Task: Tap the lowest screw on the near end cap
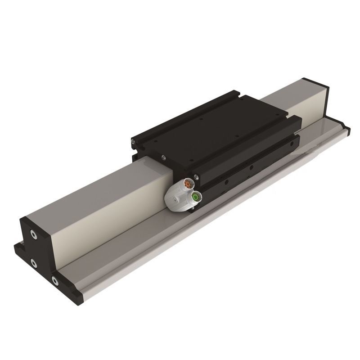coord(55,281)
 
